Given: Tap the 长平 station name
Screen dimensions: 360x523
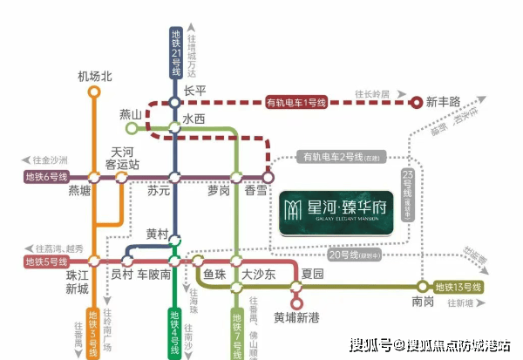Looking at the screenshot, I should pos(194,91).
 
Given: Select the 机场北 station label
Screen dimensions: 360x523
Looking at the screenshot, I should pos(95,77).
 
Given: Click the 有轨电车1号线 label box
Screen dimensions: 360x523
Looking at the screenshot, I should pos(295,103).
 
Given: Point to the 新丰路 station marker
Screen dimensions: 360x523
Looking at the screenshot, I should pos(418,102).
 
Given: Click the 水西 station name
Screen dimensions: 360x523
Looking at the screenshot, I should pos(194,118).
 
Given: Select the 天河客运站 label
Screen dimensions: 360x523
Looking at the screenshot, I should pos(122,157).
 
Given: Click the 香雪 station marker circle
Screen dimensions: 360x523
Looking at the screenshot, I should pos(268,177).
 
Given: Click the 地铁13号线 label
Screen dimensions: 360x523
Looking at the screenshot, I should pos(458,286).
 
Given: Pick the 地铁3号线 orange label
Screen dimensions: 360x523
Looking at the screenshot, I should pos(94,332).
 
